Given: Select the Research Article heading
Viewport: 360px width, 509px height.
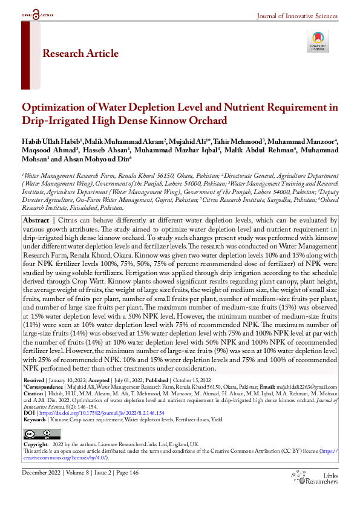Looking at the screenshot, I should click(x=80, y=54).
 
